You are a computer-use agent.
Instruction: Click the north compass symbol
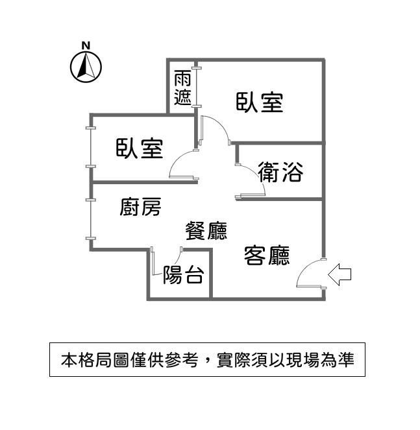pos(86,66)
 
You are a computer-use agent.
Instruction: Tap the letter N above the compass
pos(86,45)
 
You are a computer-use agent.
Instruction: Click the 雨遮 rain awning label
pos(182,88)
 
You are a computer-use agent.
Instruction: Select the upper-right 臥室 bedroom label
pos(259,102)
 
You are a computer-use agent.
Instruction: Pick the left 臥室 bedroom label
pos(139,149)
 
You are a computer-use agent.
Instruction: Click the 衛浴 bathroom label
pos(280,172)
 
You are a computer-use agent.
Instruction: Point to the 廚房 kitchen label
pos(140,208)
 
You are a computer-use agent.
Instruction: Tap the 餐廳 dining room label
pos(206,230)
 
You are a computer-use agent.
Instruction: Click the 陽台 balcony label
pos(184,276)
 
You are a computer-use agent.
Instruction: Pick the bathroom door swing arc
pos(253,180)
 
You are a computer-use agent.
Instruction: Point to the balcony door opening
pos(166,250)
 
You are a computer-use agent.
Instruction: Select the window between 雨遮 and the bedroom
pos(197,85)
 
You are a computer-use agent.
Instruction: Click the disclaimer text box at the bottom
pos(207,359)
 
